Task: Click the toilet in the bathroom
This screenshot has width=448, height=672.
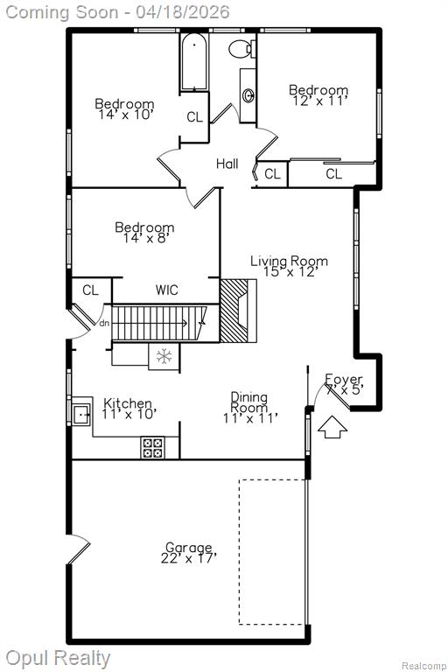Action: point(242,48)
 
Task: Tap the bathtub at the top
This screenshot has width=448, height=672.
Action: point(194,62)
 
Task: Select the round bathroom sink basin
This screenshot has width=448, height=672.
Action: point(248,95)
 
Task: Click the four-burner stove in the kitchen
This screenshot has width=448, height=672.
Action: point(152,447)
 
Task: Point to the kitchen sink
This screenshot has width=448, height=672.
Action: point(81,415)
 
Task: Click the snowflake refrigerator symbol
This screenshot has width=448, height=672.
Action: point(164,356)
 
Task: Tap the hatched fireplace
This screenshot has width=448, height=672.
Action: point(234,311)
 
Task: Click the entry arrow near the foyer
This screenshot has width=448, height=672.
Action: point(332,426)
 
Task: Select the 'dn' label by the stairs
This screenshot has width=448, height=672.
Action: point(104,324)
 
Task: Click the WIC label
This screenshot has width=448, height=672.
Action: point(166,290)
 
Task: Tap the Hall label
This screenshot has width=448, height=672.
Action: point(227,164)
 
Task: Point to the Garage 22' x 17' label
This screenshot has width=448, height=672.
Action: point(189,553)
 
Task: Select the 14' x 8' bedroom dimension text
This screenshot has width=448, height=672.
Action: point(144,238)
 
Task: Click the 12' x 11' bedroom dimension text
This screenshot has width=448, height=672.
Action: point(319,101)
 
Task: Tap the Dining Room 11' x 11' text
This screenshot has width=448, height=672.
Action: point(250,407)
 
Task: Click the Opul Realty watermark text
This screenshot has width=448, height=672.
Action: point(58,658)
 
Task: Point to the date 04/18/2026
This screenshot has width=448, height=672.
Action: point(183,11)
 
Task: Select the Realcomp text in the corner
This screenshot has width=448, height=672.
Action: point(423,666)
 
